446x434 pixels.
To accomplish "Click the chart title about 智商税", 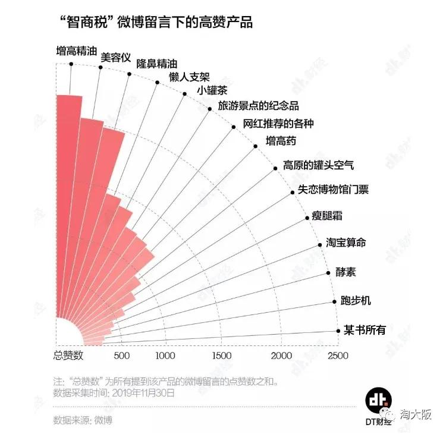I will [x=156, y=23].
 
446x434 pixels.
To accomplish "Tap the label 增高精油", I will [x=76, y=51].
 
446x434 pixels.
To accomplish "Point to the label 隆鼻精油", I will [x=156, y=64].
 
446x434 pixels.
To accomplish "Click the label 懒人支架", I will [x=189, y=78].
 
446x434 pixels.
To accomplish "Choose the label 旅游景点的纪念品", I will [x=258, y=106].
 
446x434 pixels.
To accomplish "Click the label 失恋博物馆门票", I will [x=332, y=190].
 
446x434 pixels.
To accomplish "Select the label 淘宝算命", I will [x=346, y=243].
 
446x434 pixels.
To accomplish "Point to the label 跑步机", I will [x=356, y=300].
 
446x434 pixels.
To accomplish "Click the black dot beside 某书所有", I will [x=337, y=331].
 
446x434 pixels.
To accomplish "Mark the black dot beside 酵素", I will [x=329, y=273].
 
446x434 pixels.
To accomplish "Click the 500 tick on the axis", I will [x=121, y=356].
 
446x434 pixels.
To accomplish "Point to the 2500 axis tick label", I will [x=337, y=356].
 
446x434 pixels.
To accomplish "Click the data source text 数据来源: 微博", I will [x=83, y=420].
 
